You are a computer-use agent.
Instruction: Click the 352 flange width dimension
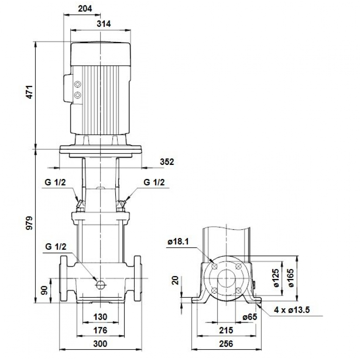coord(167,162)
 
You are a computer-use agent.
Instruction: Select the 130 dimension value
coord(100,317)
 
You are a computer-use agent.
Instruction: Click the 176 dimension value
coord(100,330)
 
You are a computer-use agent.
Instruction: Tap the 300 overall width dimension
coord(100,344)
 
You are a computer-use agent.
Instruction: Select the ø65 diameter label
coord(249,317)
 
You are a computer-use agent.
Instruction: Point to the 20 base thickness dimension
coord(175,281)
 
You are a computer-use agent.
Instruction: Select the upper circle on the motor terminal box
coord(77,85)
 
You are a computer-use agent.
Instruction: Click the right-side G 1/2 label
coord(154,183)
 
